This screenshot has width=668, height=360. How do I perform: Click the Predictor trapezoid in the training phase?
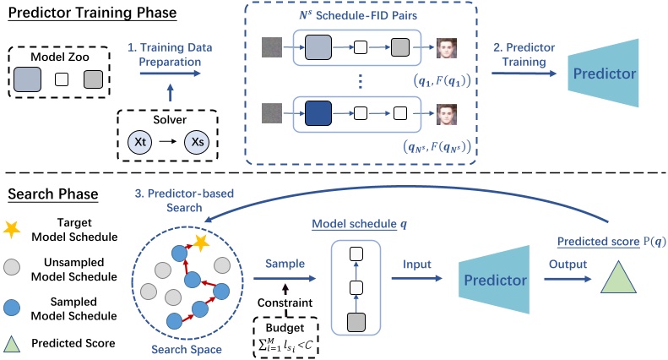[x=601, y=72]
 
